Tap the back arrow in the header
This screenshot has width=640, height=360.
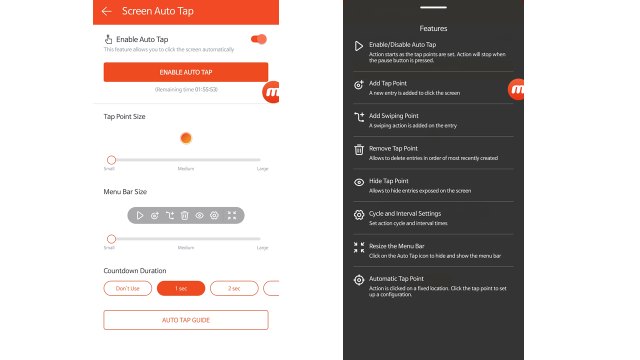click(x=106, y=11)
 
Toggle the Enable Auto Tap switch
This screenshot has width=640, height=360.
click(x=259, y=39)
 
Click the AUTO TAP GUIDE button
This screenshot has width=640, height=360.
click(x=186, y=320)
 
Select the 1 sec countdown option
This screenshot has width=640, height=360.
click(x=181, y=288)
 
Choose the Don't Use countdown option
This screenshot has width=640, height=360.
click(x=127, y=288)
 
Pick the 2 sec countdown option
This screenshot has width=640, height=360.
click(x=234, y=288)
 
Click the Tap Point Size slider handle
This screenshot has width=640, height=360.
click(x=111, y=160)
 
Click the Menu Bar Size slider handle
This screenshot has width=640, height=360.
click(x=111, y=239)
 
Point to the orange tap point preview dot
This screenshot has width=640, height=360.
click(x=186, y=138)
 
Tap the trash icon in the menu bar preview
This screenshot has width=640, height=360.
click(x=184, y=215)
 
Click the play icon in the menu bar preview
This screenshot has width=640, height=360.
click(x=140, y=215)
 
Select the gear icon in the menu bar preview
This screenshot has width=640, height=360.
click(x=214, y=215)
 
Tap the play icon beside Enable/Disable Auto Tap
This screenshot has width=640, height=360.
click(x=359, y=46)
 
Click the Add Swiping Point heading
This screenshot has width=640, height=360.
click(x=393, y=115)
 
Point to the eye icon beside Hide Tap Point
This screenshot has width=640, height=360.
click(x=359, y=182)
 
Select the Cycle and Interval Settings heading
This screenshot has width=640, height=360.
click(x=405, y=213)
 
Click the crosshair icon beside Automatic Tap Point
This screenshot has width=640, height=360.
click(x=359, y=280)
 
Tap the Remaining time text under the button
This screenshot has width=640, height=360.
click(x=186, y=89)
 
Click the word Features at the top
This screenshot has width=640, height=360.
click(x=433, y=28)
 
